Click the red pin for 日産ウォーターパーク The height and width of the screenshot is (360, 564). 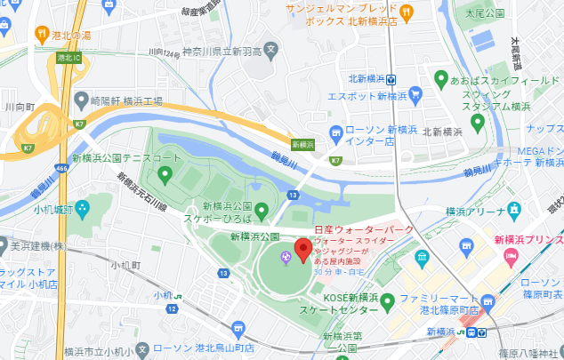(302, 250)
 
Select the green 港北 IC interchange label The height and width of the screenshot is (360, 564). (65, 58)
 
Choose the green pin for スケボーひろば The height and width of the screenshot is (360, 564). (262, 211)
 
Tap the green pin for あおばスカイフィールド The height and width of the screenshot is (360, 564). (440, 79)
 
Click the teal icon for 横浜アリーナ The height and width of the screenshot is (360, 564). (513, 211)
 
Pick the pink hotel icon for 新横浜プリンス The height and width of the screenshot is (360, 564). (511, 258)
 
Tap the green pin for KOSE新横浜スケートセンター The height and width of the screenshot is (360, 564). (387, 303)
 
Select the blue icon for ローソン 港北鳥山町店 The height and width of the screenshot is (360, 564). (238, 330)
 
